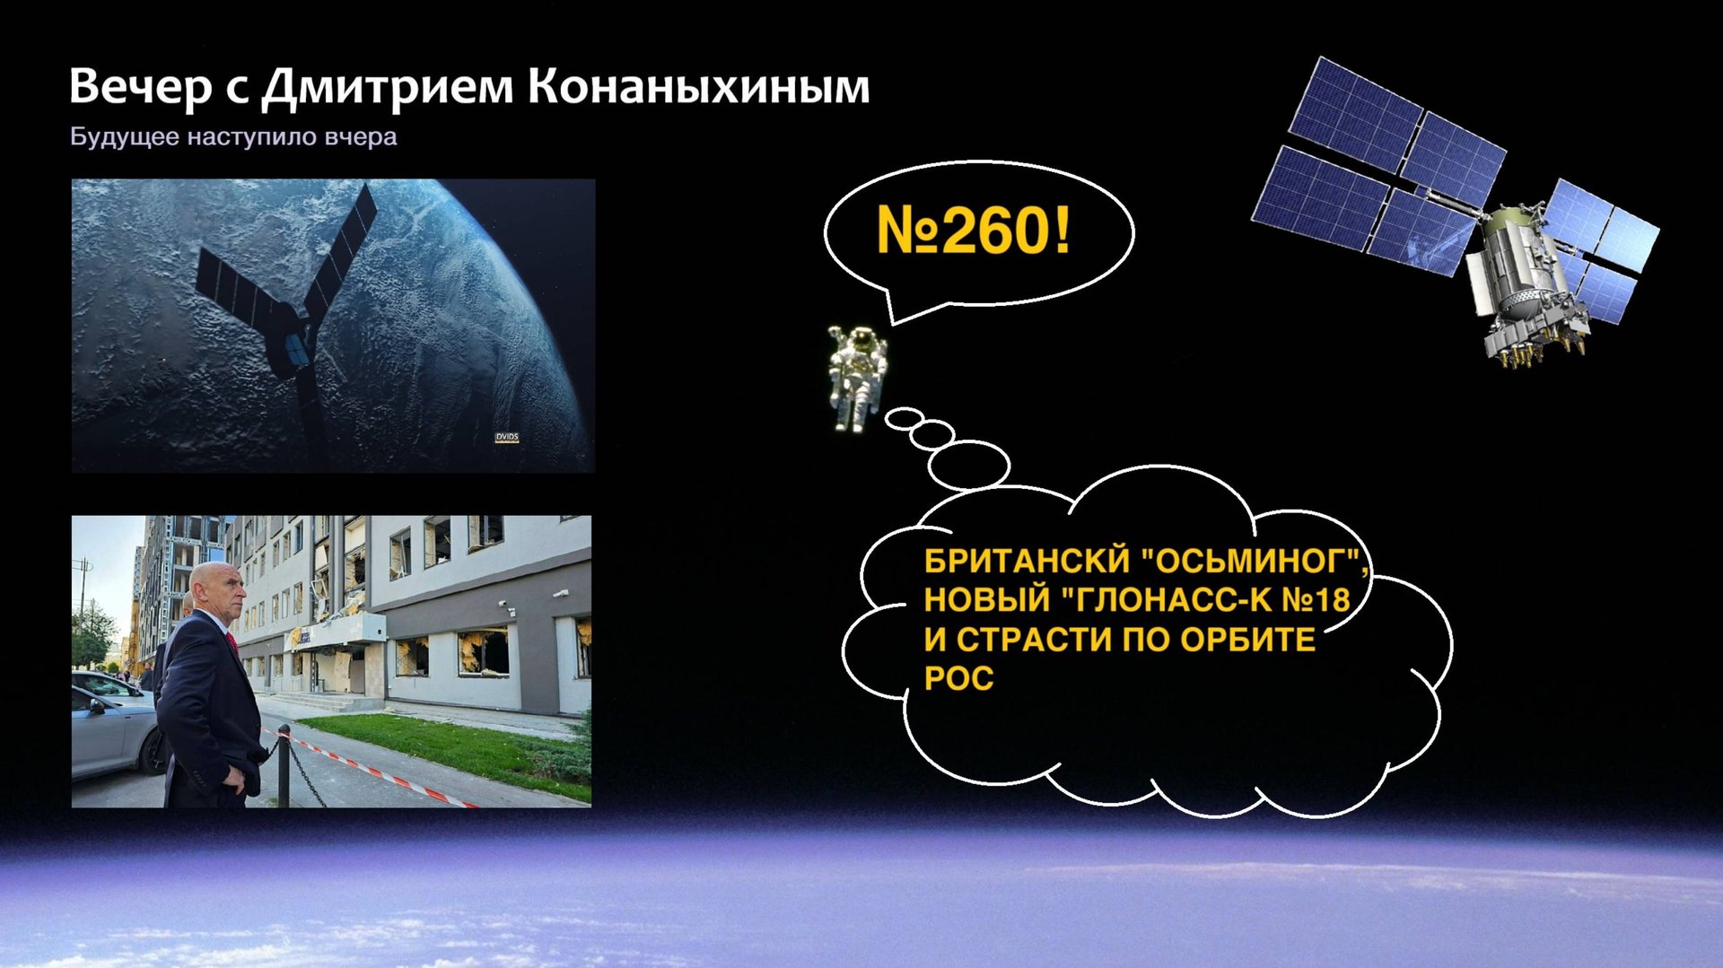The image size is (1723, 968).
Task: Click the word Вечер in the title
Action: [140, 88]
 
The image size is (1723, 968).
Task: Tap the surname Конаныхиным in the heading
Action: [698, 88]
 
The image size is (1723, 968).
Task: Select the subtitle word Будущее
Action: [125, 137]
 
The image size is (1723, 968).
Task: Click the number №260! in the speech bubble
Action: [974, 231]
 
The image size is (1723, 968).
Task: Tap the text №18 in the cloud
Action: [1316, 600]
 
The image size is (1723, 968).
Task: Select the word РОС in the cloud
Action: [958, 679]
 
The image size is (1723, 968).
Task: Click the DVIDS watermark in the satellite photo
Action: [507, 438]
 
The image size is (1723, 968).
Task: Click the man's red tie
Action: [232, 643]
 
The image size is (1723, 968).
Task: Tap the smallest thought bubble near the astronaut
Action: [904, 418]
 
